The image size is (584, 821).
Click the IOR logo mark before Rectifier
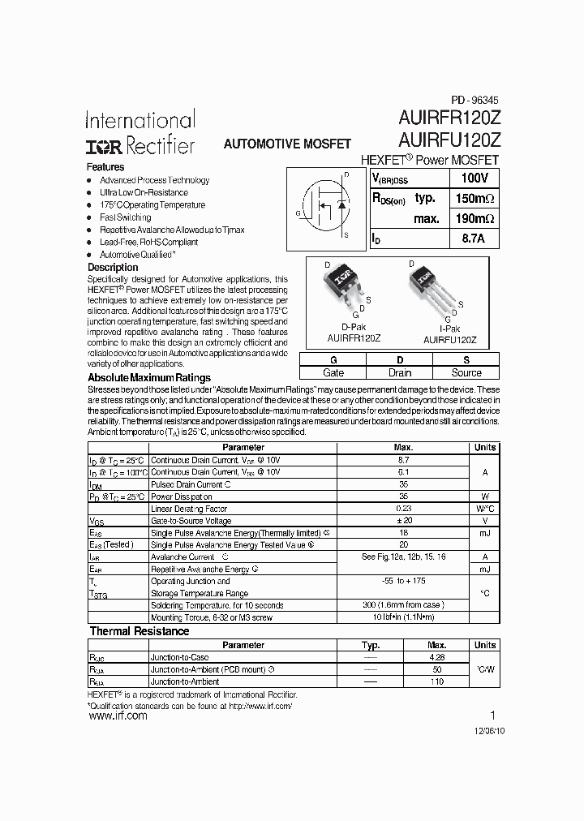click(x=104, y=146)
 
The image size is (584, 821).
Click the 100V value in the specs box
click(x=474, y=178)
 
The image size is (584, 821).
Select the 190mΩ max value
click(x=474, y=218)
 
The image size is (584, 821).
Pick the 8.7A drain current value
click(x=474, y=239)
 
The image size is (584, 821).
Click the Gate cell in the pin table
click(x=333, y=372)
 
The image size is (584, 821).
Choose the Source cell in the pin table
click(x=466, y=372)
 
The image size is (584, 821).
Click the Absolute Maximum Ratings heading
click(x=149, y=377)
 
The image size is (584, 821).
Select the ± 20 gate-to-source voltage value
click(x=403, y=521)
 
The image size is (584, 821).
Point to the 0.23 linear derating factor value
click(x=403, y=509)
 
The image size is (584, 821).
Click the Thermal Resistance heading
click(x=140, y=631)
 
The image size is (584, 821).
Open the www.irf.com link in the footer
click(x=117, y=716)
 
